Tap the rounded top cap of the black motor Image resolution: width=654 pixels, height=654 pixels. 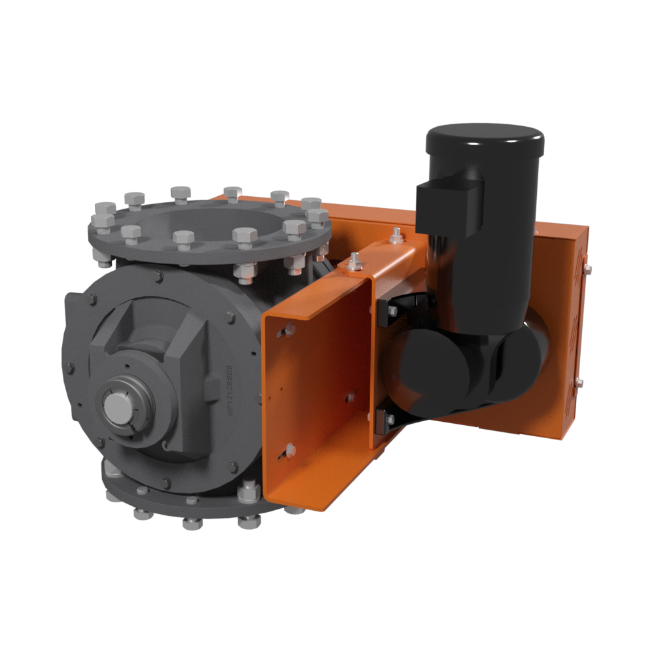pyautogui.click(x=485, y=137)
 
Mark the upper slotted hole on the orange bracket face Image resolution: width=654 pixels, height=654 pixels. pyautogui.click(x=286, y=332)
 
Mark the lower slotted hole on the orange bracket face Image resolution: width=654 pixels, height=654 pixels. pyautogui.click(x=290, y=450)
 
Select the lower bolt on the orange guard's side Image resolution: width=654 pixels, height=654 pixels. pyautogui.click(x=578, y=384)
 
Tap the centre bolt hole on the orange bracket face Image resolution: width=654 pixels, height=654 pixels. pyautogui.click(x=351, y=396)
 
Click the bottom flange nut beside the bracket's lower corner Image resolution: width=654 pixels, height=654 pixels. pyautogui.click(x=249, y=491)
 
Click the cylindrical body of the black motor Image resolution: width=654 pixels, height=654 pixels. pyautogui.click(x=497, y=249)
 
